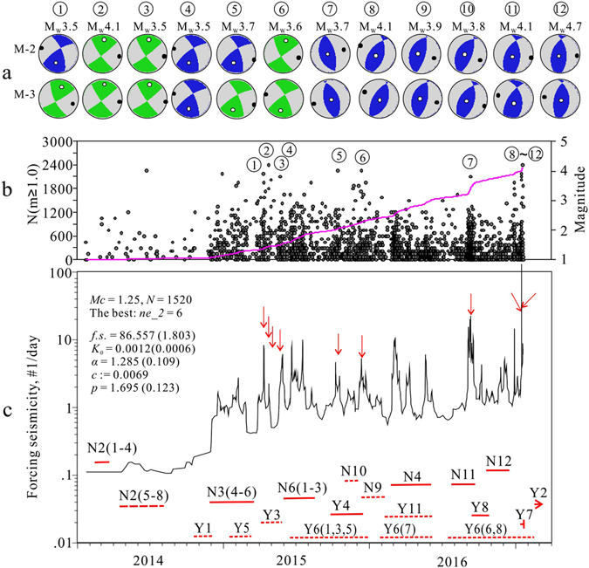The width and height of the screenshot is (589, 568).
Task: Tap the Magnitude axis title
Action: click(577, 201)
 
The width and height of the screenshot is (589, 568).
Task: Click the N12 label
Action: click(498, 461)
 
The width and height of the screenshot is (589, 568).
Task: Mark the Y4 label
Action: click(341, 505)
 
